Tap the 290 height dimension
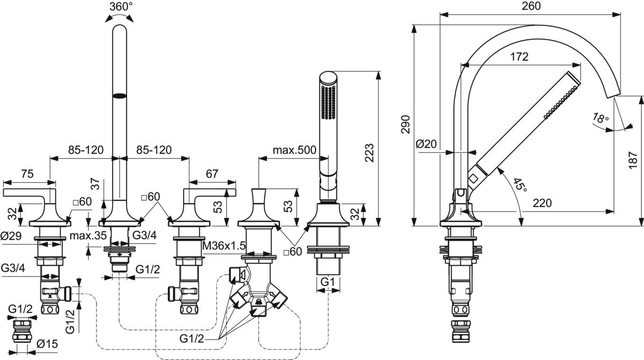point(406,124)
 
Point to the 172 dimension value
point(520,56)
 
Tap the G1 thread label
point(328,281)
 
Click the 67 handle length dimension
point(212,173)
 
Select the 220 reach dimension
point(543,203)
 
